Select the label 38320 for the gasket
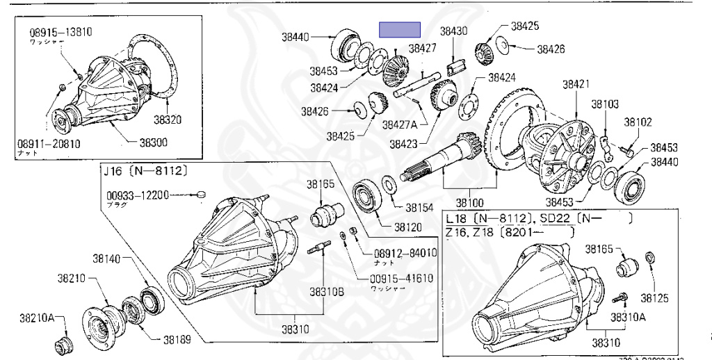(168, 120)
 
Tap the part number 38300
(153, 142)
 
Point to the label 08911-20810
(49, 145)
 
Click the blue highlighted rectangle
(400, 29)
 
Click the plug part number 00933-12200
(138, 196)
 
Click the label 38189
(178, 341)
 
